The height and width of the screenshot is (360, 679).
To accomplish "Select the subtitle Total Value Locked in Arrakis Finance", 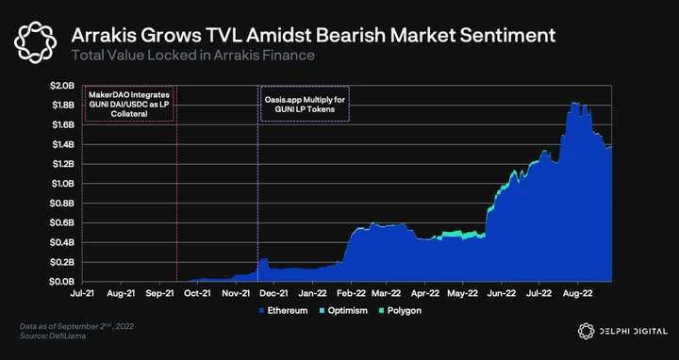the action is (192, 56).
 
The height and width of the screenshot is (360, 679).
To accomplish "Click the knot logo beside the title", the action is (35, 42).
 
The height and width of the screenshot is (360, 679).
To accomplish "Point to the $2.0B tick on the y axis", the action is (62, 86).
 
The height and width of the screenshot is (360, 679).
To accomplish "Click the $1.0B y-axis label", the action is (62, 184).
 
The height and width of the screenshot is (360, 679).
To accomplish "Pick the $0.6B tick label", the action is (62, 222).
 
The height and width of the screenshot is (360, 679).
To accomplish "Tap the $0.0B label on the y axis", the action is (62, 282).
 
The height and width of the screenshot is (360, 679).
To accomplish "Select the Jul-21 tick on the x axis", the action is (83, 293).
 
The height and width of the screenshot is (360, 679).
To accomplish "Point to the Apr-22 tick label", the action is (425, 293).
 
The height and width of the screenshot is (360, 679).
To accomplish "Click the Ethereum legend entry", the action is (283, 311).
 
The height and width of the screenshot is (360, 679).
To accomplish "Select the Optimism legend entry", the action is (343, 311).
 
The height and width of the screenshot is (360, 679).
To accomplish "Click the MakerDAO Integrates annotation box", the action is (129, 105).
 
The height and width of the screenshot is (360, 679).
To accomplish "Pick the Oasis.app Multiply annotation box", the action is (305, 105).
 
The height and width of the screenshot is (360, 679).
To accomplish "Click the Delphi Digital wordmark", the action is (622, 332).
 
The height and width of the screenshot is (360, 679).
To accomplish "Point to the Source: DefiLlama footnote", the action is (53, 335).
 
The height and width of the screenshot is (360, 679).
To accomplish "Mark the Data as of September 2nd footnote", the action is (76, 326).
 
